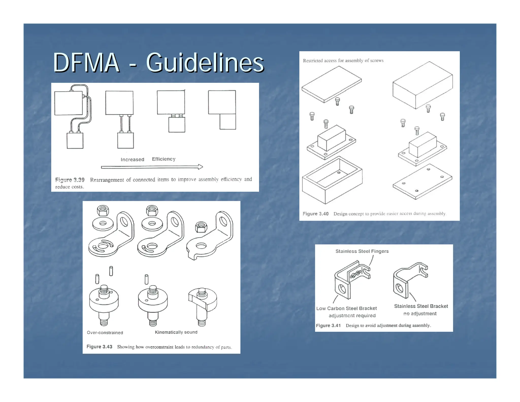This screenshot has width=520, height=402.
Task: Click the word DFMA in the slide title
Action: [x=86, y=63]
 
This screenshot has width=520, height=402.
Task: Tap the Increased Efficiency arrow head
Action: [x=200, y=167]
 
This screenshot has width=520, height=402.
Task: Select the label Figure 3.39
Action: [x=70, y=180]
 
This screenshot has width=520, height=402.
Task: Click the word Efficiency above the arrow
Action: [x=164, y=159]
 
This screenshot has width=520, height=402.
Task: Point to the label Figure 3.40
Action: [x=315, y=214]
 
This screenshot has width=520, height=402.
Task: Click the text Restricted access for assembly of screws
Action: [x=343, y=60]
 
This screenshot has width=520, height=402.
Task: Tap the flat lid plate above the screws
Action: [x=331, y=84]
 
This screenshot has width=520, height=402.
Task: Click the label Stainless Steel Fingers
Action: [x=362, y=251]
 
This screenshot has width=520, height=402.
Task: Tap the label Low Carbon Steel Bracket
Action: [x=346, y=308]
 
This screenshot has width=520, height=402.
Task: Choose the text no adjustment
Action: [x=420, y=314]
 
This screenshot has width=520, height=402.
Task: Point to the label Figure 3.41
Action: [x=328, y=326]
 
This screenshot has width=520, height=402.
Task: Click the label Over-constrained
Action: [x=105, y=333]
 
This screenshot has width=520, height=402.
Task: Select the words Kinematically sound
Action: [x=176, y=332]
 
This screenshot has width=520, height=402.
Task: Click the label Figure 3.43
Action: [x=99, y=347]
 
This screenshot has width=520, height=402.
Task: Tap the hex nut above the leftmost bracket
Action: [x=103, y=210]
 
